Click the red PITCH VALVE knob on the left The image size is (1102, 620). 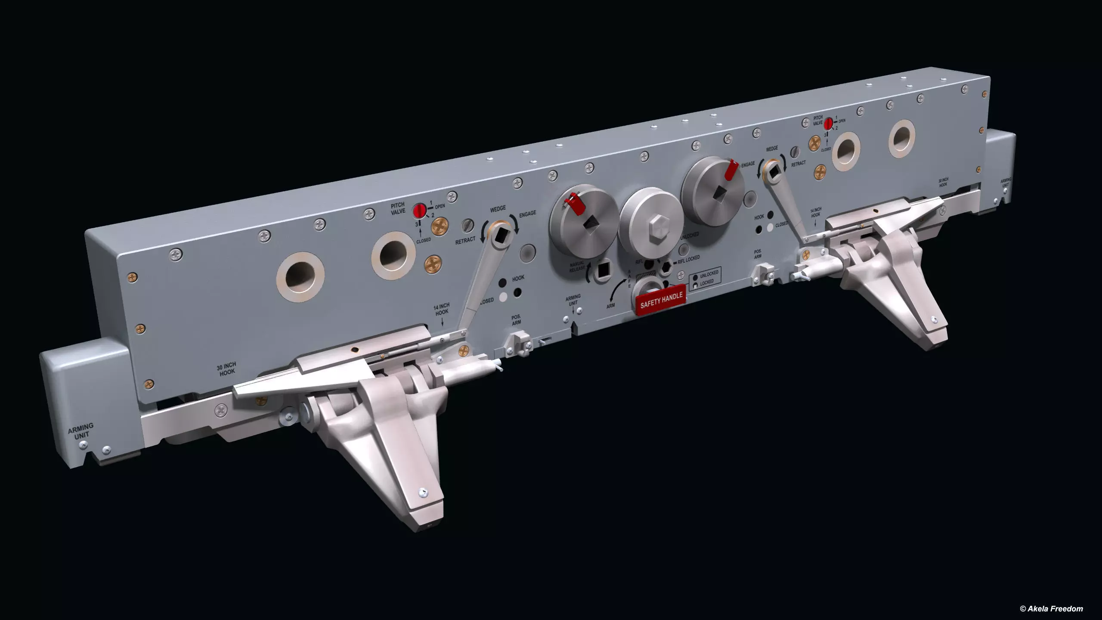click(419, 211)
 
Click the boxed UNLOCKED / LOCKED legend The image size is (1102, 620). click(706, 278)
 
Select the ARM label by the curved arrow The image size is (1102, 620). click(610, 305)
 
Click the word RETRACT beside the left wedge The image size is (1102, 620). click(465, 240)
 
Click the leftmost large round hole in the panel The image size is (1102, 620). click(300, 275)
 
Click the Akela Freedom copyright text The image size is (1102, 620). click(1054, 608)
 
